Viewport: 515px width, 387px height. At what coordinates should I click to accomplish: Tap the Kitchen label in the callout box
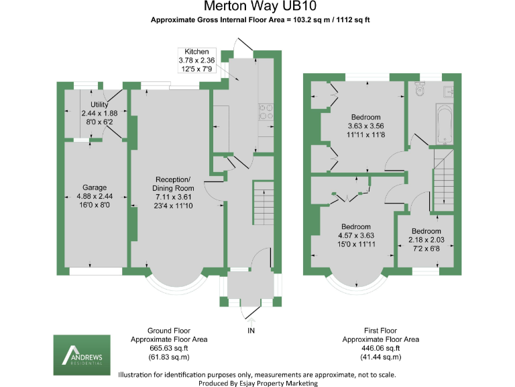click(196, 52)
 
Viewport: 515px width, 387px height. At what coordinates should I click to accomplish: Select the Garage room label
click(95, 187)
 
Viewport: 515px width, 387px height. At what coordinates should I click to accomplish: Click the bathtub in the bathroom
click(445, 122)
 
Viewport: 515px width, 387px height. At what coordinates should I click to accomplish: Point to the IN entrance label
click(251, 331)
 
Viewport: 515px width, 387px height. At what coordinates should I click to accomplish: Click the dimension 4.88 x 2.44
click(95, 196)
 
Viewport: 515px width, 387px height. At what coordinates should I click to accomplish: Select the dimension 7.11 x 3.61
click(173, 197)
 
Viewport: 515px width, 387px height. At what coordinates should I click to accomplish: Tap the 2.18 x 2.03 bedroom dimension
click(426, 240)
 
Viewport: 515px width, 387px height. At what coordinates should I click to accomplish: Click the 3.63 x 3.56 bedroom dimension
click(365, 126)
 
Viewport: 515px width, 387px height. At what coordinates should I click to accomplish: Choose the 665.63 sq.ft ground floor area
click(169, 349)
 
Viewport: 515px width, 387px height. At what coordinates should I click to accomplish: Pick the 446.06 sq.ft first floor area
click(380, 349)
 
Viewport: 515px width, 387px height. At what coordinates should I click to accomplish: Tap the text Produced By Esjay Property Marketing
click(257, 383)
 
